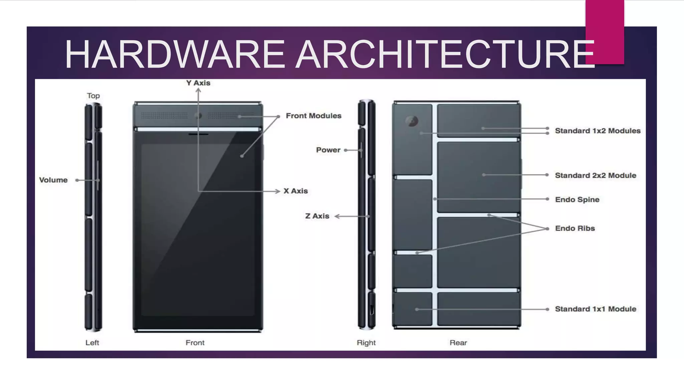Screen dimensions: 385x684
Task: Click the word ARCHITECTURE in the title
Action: point(446,54)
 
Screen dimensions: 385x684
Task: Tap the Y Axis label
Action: point(198,83)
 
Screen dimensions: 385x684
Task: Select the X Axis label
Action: point(296,191)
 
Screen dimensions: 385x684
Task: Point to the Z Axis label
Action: point(317,216)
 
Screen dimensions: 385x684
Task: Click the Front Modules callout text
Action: point(314,116)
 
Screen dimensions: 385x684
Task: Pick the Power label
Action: point(328,150)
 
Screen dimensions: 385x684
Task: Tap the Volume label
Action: point(53,180)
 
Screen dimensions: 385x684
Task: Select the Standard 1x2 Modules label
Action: point(597,131)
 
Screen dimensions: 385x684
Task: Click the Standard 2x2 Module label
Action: point(595,175)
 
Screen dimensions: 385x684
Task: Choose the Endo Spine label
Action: point(577,200)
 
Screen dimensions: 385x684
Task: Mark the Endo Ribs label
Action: point(575,228)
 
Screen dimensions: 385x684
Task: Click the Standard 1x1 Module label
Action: point(595,309)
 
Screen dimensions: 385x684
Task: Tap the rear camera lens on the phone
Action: point(411,121)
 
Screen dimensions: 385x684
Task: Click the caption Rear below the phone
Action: point(458,343)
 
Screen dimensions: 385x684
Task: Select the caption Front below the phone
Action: point(195,343)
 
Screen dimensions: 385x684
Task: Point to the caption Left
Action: point(92,343)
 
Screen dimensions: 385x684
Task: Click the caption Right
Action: point(366,343)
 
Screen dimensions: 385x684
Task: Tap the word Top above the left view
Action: point(94,96)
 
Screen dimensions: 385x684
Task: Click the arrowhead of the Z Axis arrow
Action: point(337,217)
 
